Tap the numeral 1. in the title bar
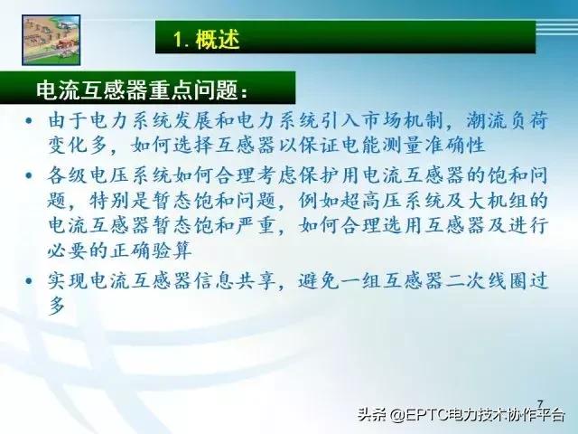[x=181, y=39]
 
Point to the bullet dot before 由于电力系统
[x=33, y=120]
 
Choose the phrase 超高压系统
[x=386, y=197]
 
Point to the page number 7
[x=540, y=403]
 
